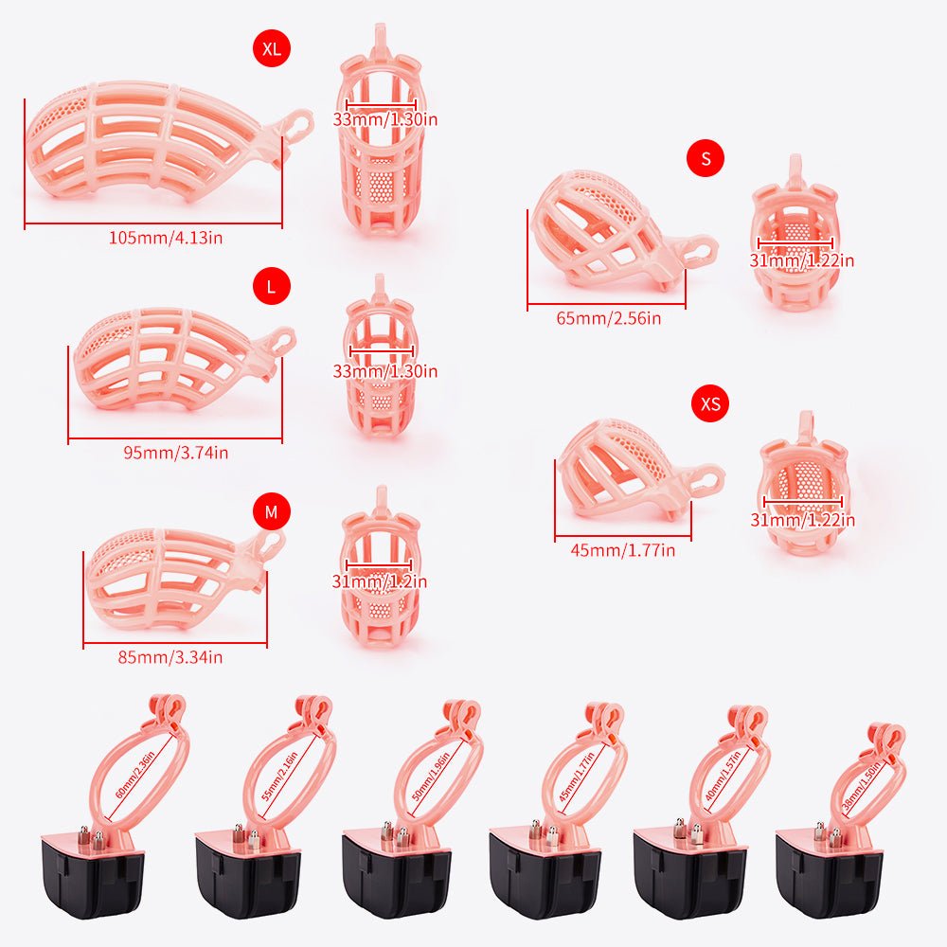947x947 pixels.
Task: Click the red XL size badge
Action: tap(272, 50)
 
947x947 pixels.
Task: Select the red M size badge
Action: tap(272, 512)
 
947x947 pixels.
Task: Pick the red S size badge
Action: tap(706, 158)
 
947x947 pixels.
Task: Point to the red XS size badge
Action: tap(710, 404)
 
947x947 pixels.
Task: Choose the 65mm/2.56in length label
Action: tap(609, 318)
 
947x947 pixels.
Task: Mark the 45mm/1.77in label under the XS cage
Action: tap(622, 550)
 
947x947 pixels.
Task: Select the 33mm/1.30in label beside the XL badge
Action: tap(384, 119)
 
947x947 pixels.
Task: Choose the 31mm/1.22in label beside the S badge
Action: tap(802, 260)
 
